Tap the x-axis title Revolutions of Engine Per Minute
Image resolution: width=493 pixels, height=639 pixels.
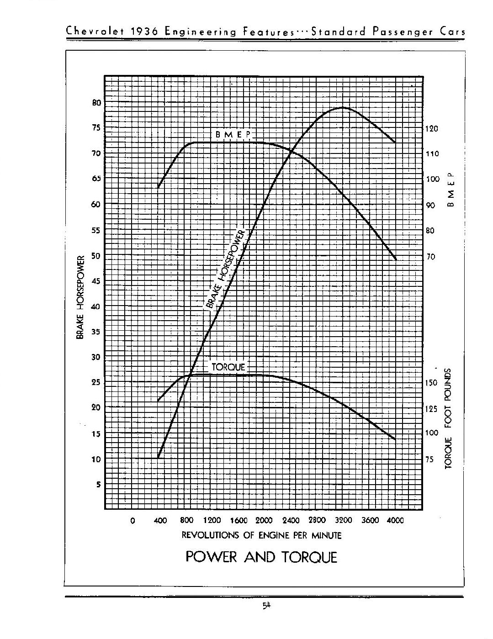click(261, 535)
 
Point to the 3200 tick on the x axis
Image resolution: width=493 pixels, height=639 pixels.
click(344, 520)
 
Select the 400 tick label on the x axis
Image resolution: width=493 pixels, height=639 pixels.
click(160, 520)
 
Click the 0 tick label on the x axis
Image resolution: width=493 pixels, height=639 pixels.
click(133, 520)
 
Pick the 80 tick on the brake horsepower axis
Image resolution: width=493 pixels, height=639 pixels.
click(96, 103)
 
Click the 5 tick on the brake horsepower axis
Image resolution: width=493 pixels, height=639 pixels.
click(97, 485)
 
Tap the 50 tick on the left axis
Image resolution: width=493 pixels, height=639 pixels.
click(96, 256)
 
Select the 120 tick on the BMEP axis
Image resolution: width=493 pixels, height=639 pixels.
click(432, 129)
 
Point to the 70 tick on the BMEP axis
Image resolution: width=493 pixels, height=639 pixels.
click(431, 257)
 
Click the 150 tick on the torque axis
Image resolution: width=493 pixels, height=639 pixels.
click(432, 383)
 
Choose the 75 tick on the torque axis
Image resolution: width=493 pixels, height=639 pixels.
click(430, 459)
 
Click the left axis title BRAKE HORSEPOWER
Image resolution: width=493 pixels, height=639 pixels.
click(80, 297)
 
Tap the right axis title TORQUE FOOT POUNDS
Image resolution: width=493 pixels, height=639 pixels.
click(448, 418)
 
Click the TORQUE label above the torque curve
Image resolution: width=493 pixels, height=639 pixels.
click(228, 367)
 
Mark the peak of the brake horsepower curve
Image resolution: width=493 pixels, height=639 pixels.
click(342, 108)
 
